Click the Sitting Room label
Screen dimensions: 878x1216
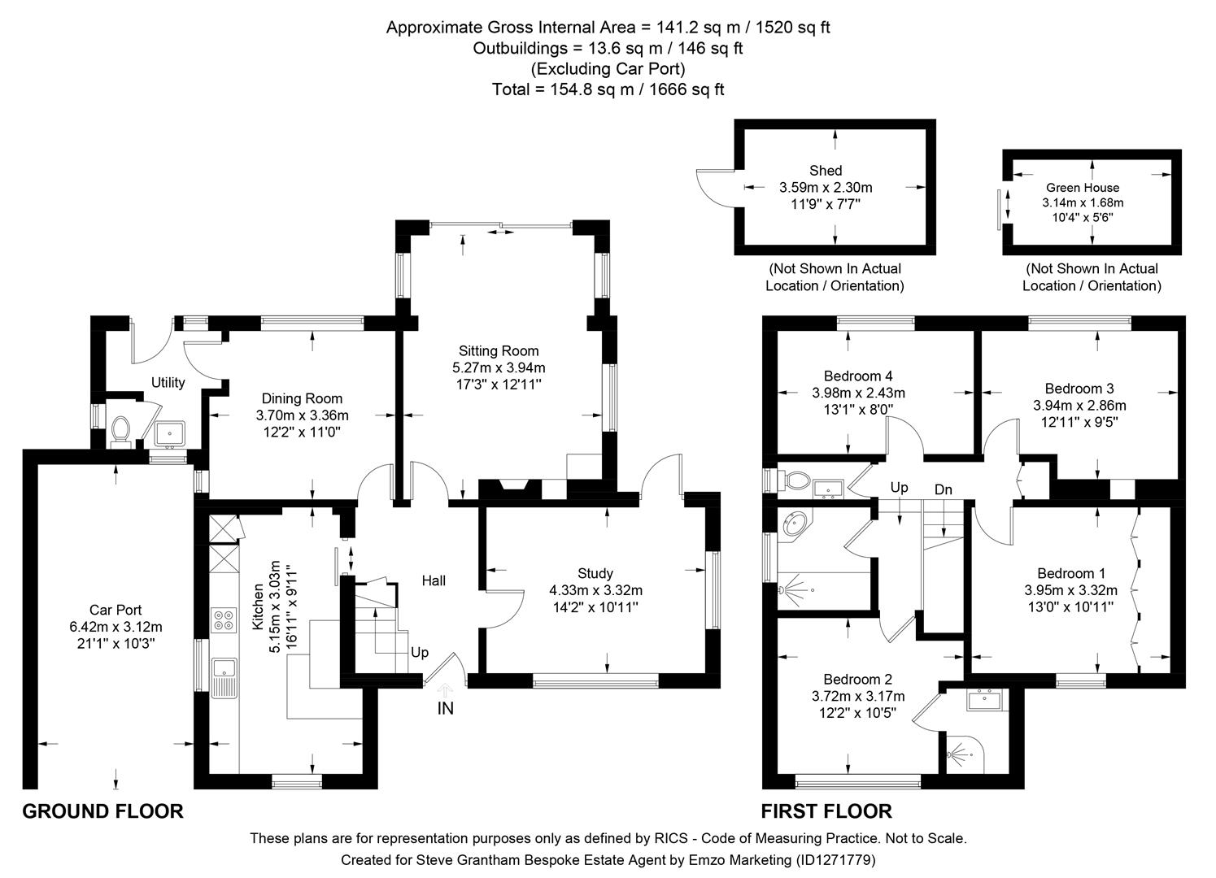(x=499, y=351)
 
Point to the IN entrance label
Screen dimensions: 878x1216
(x=446, y=709)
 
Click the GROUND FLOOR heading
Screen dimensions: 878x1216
(x=102, y=811)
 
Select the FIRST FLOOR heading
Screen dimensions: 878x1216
(x=826, y=811)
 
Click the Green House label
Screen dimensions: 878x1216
(x=1083, y=187)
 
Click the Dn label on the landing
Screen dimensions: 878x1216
(x=944, y=489)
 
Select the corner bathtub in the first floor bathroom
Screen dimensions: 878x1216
(x=795, y=526)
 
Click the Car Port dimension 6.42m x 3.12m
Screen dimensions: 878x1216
(x=116, y=627)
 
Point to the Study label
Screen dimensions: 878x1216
(x=595, y=573)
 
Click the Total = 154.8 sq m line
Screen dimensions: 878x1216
(x=608, y=89)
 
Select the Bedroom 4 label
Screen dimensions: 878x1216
(x=858, y=376)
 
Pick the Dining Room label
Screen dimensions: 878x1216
(x=302, y=398)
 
